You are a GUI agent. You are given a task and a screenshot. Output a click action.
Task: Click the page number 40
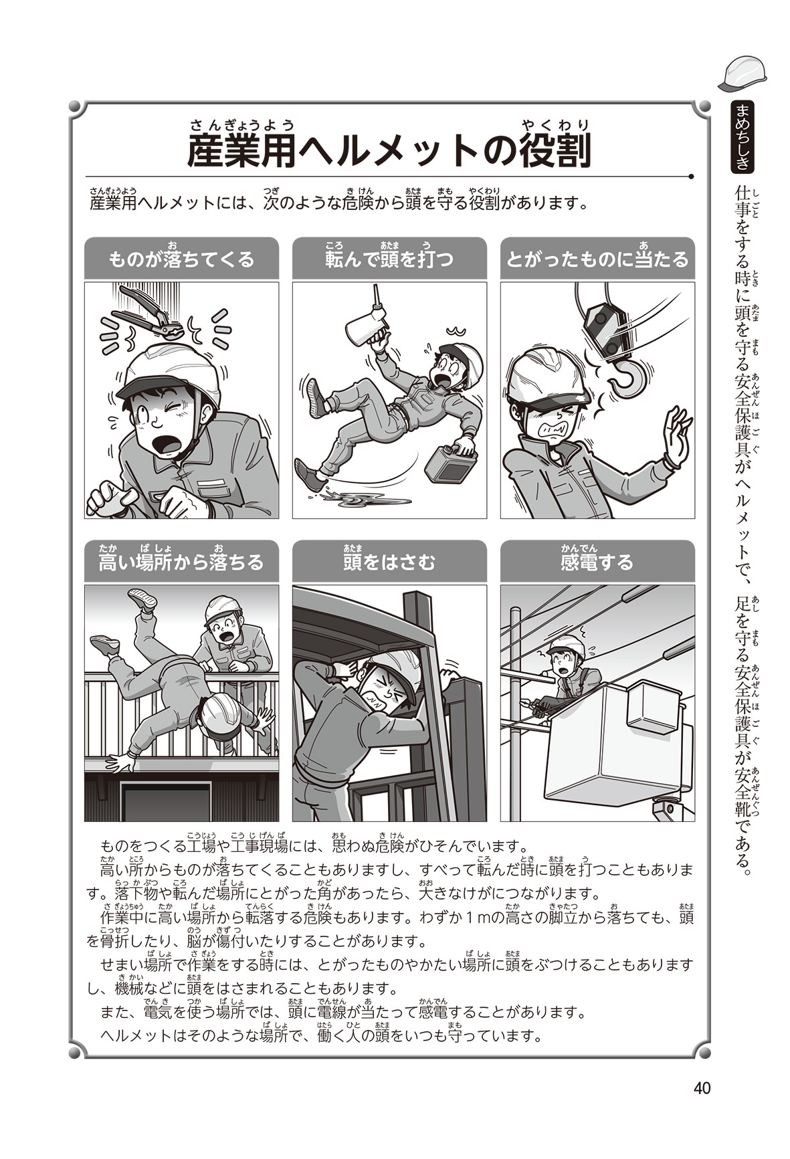coord(701,1089)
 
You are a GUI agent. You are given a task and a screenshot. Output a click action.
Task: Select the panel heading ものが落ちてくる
coord(181,258)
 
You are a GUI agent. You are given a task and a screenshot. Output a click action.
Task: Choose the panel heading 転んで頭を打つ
coord(389,258)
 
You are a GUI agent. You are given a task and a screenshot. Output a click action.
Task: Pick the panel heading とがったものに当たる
coord(597,258)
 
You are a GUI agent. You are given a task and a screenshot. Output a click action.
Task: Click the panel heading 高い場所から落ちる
coord(181,560)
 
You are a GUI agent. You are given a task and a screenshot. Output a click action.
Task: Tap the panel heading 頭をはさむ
coord(389,560)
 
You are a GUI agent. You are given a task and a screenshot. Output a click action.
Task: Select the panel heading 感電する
coord(597,560)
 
